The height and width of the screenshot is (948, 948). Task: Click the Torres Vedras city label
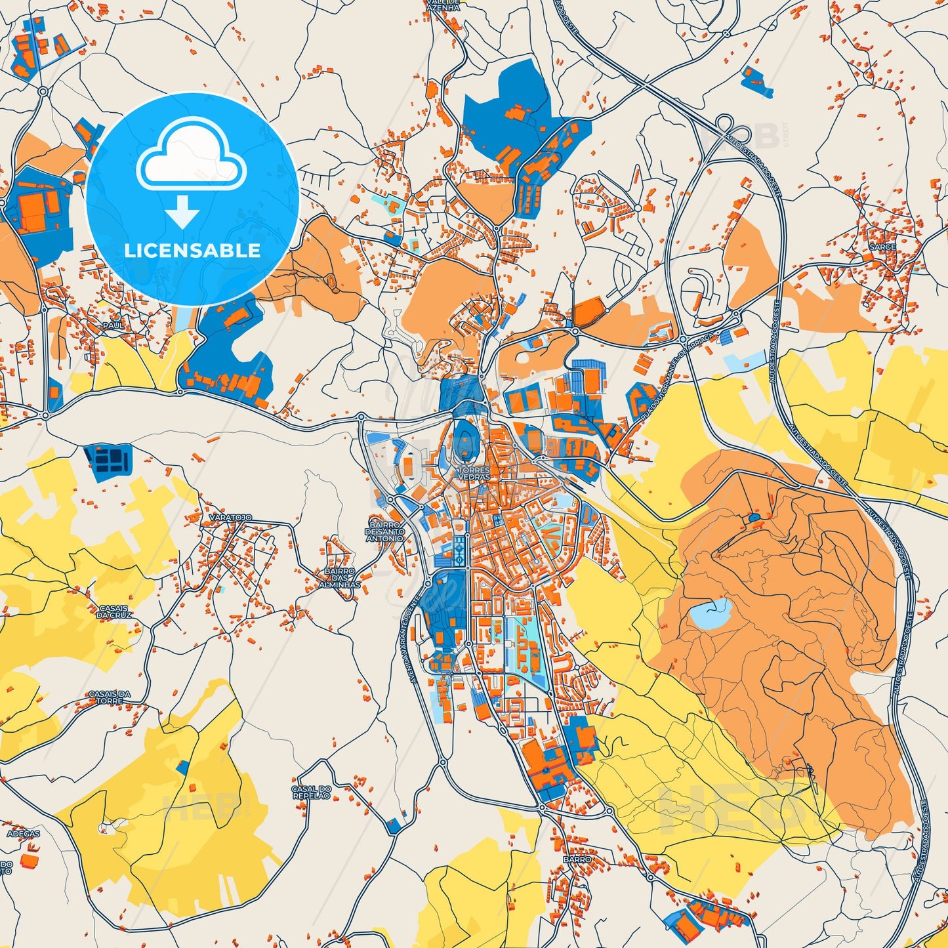click(x=474, y=474)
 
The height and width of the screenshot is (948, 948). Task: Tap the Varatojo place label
click(x=230, y=518)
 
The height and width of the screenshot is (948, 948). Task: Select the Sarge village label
click(x=882, y=247)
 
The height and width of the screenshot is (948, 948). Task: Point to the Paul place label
click(x=112, y=325)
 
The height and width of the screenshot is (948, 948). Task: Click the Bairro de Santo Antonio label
click(x=385, y=531)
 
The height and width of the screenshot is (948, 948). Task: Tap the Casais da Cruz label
click(x=115, y=611)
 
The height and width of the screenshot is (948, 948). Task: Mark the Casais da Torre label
click(x=110, y=697)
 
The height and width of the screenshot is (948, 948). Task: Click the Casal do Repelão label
click(x=311, y=792)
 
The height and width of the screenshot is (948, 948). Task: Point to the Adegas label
click(x=24, y=834)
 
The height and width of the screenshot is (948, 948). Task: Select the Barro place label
click(x=577, y=859)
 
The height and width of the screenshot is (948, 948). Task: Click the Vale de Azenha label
click(x=443, y=5)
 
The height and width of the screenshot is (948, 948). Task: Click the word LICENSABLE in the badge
click(x=192, y=250)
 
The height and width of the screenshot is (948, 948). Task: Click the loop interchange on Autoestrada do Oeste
click(x=725, y=123)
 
